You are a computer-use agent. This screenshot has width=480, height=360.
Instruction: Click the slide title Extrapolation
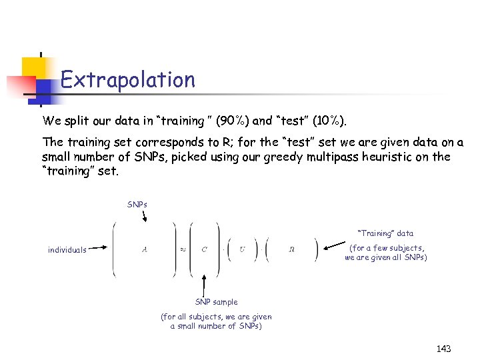pyautogui.click(x=127, y=81)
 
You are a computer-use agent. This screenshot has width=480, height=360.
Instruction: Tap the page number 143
pyautogui.click(x=443, y=349)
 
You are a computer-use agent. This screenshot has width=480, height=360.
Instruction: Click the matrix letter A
pyautogui.click(x=145, y=250)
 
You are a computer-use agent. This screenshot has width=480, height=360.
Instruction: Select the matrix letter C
pyautogui.click(x=205, y=250)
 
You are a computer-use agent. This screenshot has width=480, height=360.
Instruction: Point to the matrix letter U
pyautogui.click(x=242, y=250)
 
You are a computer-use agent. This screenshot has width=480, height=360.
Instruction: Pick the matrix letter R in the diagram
pyautogui.click(x=292, y=250)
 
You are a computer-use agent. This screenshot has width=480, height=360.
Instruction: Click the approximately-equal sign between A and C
pyautogui.click(x=181, y=250)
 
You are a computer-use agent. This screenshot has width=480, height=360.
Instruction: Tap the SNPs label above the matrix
pyautogui.click(x=137, y=204)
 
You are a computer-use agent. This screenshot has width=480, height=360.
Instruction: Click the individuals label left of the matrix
pyautogui.click(x=67, y=251)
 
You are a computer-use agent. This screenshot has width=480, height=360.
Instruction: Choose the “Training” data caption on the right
pyautogui.click(x=385, y=233)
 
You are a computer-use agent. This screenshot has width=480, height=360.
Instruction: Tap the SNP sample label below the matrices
pyautogui.click(x=216, y=302)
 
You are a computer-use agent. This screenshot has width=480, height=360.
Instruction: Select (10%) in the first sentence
pyautogui.click(x=327, y=121)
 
